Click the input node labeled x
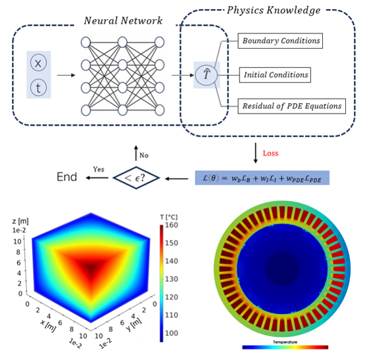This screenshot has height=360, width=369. pyautogui.click(x=38, y=62)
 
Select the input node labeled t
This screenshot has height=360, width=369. pyautogui.click(x=38, y=87)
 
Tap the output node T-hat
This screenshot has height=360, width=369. pyautogui.click(x=207, y=75)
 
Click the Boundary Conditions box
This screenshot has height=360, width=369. pyautogui.click(x=280, y=41)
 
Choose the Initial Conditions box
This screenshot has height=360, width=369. pyautogui.click(x=275, y=75)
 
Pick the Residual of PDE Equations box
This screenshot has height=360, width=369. pyautogui.click(x=291, y=106)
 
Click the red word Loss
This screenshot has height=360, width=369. pyautogui.click(x=270, y=153)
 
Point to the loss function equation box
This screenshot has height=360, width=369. pyautogui.click(x=262, y=178)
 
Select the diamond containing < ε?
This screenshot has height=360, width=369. pyautogui.click(x=136, y=178)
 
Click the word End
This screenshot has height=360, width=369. pyautogui.click(x=67, y=177)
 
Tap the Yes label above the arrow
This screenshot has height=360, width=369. pyautogui.click(x=99, y=169)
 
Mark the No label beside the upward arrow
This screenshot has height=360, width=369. pyautogui.click(x=144, y=155)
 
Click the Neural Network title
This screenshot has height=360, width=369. pyautogui.click(x=123, y=20)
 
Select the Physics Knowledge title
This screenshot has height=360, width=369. pyautogui.click(x=274, y=11)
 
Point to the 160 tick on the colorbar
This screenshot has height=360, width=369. pyautogui.click(x=171, y=225)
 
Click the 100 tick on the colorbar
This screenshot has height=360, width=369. pyautogui.click(x=171, y=333)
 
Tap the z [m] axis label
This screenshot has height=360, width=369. pyautogui.click(x=20, y=221)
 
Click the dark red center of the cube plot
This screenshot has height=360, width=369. pyautogui.click(x=91, y=268)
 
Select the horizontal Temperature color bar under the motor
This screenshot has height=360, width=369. pyautogui.click(x=285, y=348)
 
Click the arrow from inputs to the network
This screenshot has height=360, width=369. pyautogui.click(x=66, y=75)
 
